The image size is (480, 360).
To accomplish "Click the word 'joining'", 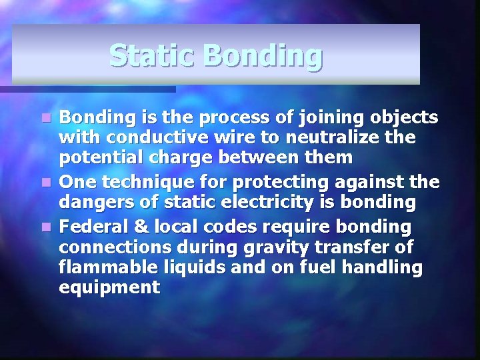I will tap(319, 119).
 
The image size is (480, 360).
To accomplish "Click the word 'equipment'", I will tap(109, 288).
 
